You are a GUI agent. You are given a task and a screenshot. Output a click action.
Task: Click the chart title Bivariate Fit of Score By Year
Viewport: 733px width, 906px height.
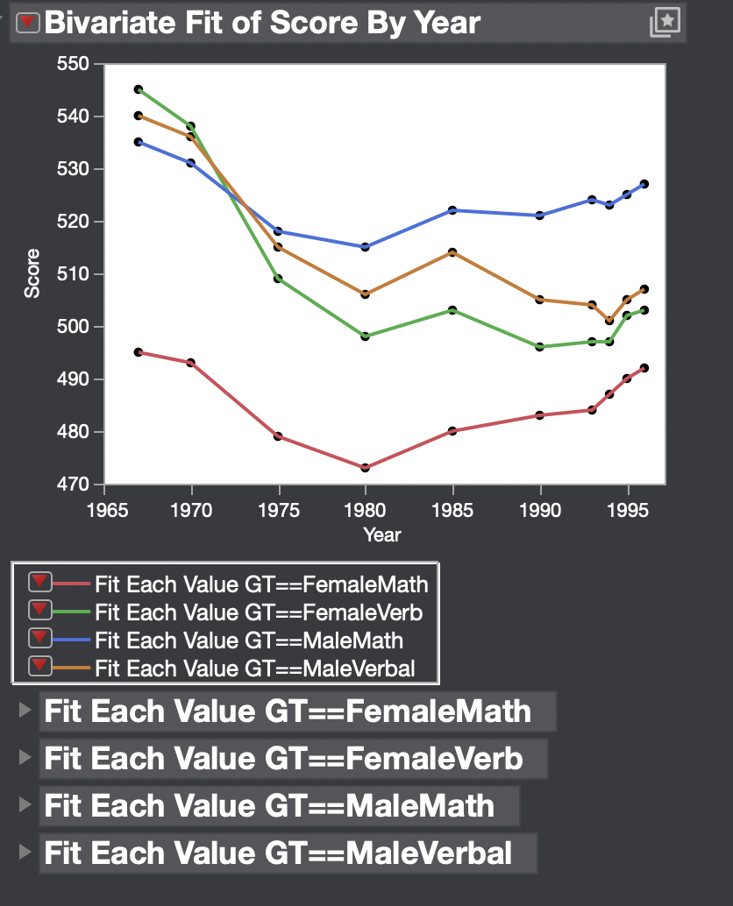(262, 23)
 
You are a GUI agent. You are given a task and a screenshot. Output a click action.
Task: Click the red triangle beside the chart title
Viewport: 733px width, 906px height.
(29, 24)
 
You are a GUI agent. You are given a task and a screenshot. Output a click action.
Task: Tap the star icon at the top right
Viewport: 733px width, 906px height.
(664, 23)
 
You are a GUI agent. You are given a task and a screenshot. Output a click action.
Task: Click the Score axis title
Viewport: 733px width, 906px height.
(32, 274)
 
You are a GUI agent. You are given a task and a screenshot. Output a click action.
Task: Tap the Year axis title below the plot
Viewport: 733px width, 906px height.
(382, 534)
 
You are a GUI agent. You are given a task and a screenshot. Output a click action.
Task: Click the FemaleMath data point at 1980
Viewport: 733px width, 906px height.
(366, 468)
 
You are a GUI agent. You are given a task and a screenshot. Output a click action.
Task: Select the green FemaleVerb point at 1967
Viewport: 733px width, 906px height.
(139, 89)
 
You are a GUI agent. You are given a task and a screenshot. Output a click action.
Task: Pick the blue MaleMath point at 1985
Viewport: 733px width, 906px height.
(452, 210)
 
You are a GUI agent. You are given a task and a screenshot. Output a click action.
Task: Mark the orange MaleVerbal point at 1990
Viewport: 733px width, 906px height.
(540, 300)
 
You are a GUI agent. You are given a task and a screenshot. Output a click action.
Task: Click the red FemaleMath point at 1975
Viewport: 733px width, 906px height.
(278, 435)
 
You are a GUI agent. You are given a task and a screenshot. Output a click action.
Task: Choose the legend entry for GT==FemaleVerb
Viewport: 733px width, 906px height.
(259, 612)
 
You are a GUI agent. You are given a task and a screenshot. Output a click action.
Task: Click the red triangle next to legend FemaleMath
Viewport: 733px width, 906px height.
(39, 582)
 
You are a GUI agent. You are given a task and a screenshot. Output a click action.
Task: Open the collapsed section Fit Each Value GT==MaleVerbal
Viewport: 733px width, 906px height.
(277, 853)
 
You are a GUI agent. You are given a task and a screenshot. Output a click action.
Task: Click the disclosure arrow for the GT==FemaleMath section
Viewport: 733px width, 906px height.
(25, 711)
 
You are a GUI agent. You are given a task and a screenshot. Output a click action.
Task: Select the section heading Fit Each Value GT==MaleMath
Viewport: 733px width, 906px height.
(268, 805)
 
